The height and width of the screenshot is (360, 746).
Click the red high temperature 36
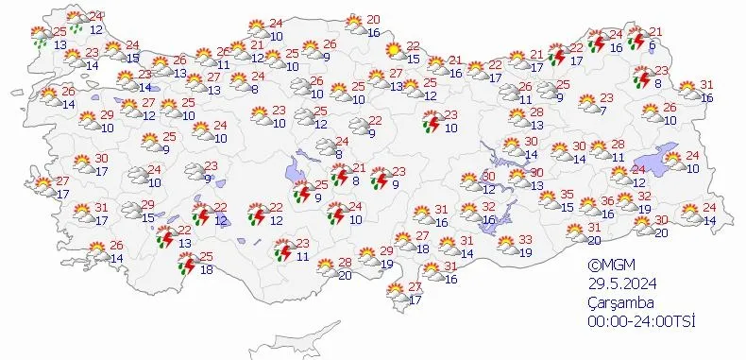(608, 200)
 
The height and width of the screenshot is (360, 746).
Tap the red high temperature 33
(526, 240)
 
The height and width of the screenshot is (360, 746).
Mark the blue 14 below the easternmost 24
(710, 220)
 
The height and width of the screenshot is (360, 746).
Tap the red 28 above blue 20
(346, 263)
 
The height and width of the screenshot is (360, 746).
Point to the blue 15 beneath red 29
(148, 217)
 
